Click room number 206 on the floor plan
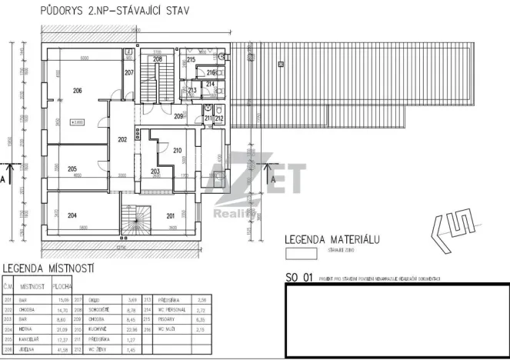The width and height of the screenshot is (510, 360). (77, 91)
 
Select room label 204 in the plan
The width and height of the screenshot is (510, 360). (73, 216)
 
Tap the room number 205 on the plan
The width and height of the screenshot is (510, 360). (72, 169)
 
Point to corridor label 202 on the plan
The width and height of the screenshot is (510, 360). (122, 139)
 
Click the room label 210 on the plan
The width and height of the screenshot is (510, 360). (177, 150)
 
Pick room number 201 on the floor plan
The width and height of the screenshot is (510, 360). (171, 215)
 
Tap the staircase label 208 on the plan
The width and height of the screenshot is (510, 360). (157, 58)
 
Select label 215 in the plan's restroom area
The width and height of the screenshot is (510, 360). (191, 59)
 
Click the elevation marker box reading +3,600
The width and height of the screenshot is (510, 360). (77, 122)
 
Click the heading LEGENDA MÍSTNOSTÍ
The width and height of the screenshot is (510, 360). (48, 268)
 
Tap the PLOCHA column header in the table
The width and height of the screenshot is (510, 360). (62, 285)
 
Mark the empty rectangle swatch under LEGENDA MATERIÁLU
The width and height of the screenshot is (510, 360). (301, 251)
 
